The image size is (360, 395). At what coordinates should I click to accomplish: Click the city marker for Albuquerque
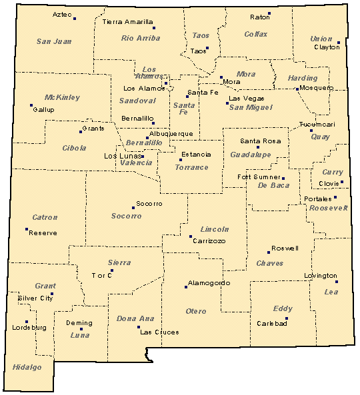[x=147, y=138]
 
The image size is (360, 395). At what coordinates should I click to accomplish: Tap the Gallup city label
[x=43, y=109]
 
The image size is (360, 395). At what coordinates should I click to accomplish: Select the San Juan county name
[x=53, y=41]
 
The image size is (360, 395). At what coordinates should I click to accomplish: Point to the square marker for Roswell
[x=269, y=252]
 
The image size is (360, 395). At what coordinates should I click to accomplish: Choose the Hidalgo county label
[x=27, y=367]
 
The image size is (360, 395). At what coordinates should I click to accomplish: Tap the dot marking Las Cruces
[x=139, y=327]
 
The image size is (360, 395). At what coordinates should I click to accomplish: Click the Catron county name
[x=45, y=217]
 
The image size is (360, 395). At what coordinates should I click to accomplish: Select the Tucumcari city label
[x=317, y=125]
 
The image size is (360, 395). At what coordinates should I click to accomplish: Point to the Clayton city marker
[x=339, y=43]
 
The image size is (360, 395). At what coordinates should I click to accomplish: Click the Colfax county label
[x=255, y=34]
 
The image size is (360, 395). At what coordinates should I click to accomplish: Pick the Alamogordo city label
[x=208, y=282]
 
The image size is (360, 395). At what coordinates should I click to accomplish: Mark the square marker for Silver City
[x=52, y=294]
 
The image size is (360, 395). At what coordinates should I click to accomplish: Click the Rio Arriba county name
[x=140, y=38]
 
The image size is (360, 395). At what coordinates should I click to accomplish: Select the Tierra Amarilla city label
[x=127, y=22]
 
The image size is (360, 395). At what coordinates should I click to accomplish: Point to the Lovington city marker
[x=337, y=282]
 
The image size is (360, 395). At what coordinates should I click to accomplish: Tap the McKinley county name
[x=62, y=97]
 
